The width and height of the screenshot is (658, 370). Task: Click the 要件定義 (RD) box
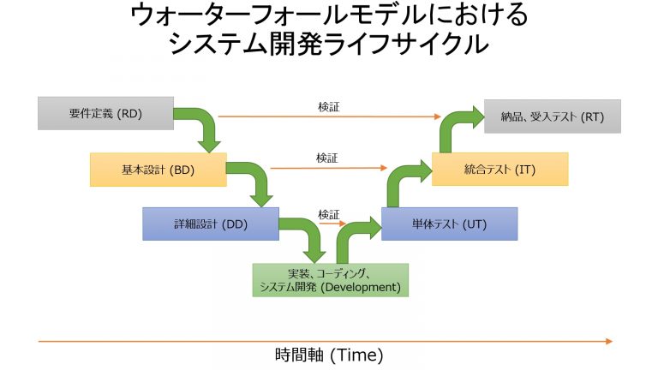[106, 114]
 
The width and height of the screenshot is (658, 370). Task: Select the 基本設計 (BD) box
[158, 170]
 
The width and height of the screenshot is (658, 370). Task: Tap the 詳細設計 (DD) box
[210, 224]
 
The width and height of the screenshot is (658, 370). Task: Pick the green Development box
[331, 280]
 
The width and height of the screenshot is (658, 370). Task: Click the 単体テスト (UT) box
[449, 224]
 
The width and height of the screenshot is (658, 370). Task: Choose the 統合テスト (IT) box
[499, 170]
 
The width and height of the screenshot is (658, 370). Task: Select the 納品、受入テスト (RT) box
[552, 116]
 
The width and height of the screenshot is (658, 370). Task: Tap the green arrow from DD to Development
[308, 236]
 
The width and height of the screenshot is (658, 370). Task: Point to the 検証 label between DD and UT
[328, 213]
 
